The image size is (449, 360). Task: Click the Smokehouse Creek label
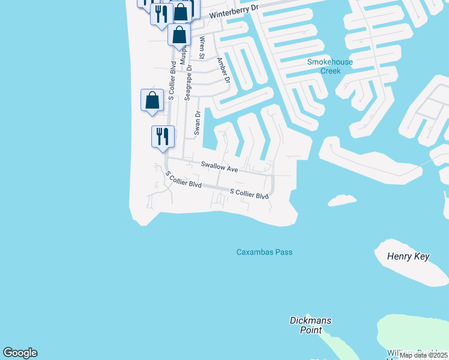tap(330, 66)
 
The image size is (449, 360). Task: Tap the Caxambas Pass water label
tap(264, 252)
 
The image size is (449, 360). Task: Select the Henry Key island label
tap(408, 257)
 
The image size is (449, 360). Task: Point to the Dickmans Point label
tap(310, 325)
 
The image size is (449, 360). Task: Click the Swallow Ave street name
tap(219, 167)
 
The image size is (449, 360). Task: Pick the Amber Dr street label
tap(223, 70)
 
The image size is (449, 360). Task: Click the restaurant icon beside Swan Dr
tap(163, 136)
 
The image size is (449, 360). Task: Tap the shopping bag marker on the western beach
tap(152, 100)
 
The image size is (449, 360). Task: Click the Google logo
tap(20, 353)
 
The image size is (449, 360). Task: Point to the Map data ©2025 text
tap(422, 355)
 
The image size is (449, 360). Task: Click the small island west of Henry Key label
tap(342, 199)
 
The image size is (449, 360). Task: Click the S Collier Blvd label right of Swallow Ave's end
tap(249, 194)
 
